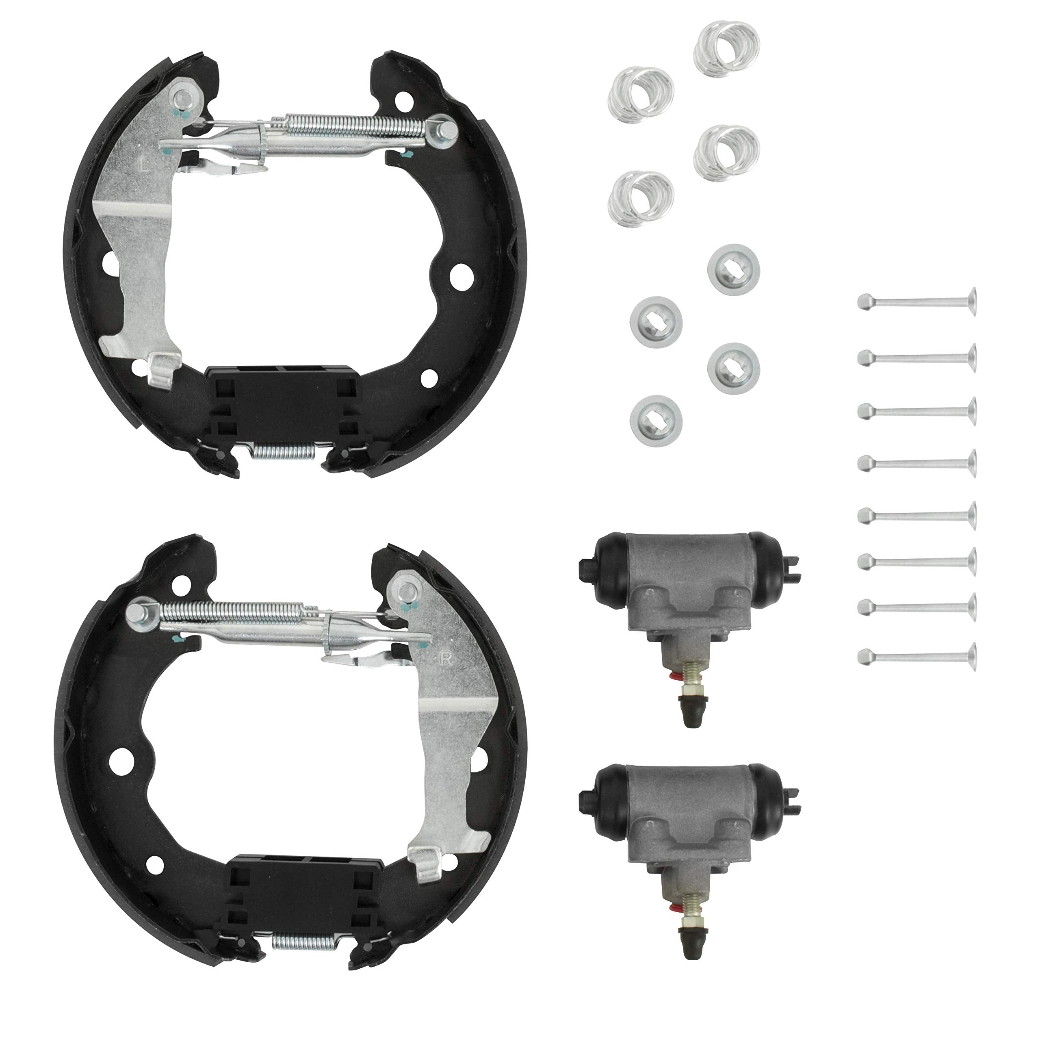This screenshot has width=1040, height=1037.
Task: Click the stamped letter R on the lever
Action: coord(446,659)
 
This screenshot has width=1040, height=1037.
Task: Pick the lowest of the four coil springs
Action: coord(641,199)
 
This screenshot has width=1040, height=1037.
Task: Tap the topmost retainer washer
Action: coord(733,269)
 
